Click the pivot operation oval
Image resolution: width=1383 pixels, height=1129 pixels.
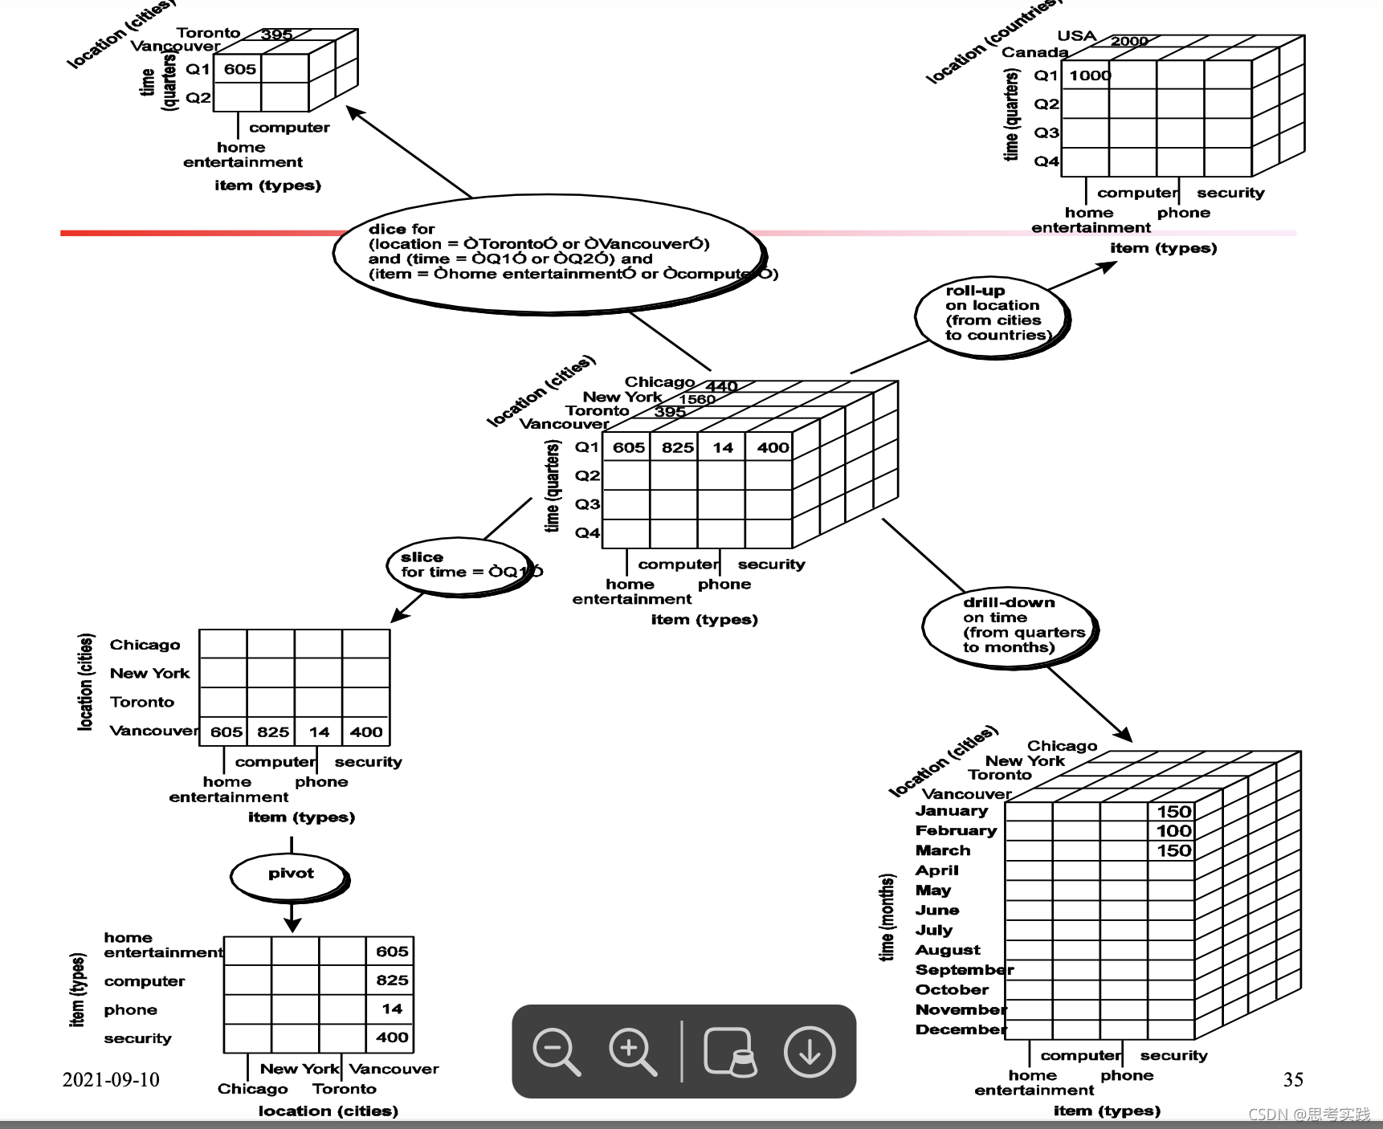291,875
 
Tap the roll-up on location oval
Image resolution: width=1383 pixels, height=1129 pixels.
993,314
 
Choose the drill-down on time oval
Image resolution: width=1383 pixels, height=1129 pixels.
1010,626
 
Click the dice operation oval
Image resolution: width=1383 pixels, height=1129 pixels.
549,253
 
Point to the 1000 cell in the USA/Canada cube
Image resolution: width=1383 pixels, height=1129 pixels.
1089,75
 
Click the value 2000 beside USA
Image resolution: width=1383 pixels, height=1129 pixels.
1129,41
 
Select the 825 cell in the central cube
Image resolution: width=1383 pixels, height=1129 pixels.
677,448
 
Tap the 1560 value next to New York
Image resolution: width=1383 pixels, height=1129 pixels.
696,399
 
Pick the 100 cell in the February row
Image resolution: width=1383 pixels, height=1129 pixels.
1173,831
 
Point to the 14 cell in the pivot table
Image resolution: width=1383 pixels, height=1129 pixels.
392,1009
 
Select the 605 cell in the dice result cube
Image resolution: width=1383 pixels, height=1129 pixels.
239,70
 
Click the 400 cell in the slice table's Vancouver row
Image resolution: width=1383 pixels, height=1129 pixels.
366,732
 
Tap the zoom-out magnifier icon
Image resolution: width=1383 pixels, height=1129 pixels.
556,1051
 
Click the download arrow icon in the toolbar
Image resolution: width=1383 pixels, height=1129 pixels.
809,1051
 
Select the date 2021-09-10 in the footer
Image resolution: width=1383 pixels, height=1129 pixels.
111,1080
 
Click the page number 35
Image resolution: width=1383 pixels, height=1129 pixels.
1293,1080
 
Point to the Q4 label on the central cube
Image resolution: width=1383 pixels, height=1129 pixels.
587,532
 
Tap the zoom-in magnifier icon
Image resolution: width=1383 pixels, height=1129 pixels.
632,1051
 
